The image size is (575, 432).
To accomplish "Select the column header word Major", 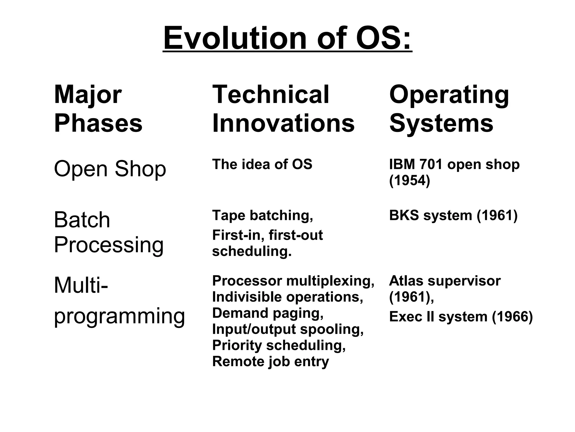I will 88,95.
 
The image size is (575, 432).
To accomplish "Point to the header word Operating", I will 449,95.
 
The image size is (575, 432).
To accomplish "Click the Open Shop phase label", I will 110,169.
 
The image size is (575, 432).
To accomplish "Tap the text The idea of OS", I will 262,164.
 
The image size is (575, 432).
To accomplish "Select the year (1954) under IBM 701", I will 410,180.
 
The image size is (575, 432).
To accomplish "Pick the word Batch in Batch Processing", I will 82,220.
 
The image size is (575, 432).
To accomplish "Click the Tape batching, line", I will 263,215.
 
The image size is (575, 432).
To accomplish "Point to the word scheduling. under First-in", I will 252,251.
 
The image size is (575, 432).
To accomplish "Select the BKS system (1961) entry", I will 453,215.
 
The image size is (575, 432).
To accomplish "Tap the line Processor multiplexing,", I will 293,281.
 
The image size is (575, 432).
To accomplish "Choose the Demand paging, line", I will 268,313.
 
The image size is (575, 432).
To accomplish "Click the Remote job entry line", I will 270,361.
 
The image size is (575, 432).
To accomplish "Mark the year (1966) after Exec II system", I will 512,317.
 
